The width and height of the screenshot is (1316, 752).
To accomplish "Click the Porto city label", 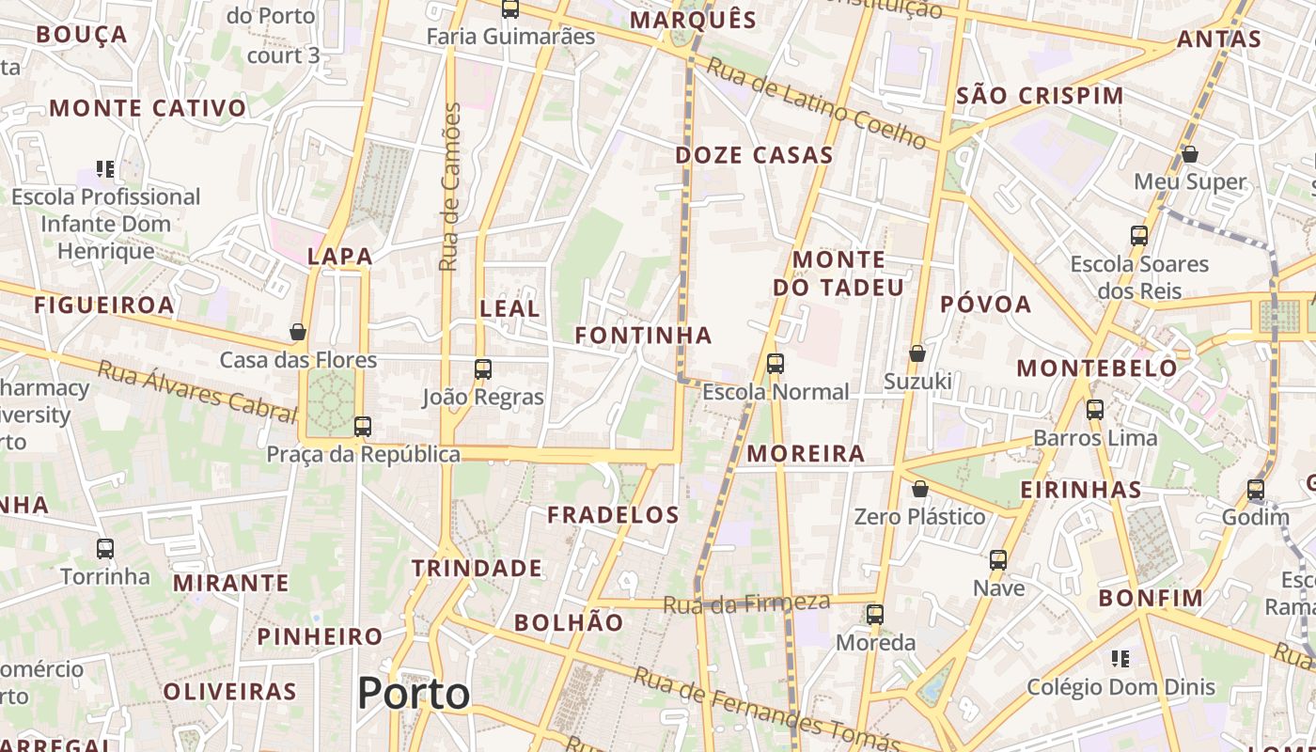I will [414, 694].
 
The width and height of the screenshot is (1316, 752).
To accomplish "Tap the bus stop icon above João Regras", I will [483, 369].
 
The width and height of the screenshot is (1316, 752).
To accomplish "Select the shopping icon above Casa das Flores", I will [298, 332].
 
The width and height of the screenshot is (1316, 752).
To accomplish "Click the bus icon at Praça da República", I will [363, 427].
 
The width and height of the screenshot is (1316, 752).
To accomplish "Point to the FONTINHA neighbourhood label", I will [644, 336].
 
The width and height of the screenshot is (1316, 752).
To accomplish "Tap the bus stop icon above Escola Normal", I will [775, 364].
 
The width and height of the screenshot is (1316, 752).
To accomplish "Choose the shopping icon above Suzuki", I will [917, 353].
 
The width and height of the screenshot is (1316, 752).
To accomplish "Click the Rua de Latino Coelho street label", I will [817, 102].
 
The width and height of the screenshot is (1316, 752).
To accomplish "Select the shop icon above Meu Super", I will [1190, 154].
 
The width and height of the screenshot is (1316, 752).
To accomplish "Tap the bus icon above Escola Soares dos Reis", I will [1139, 236].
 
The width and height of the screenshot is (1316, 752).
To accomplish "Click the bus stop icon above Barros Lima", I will [1095, 410].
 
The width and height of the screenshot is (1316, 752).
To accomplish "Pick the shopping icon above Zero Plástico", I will [920, 489].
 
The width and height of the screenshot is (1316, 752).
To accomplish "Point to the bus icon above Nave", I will [998, 560].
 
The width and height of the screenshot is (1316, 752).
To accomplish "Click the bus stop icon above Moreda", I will [875, 615].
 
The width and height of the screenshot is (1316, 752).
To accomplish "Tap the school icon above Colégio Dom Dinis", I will [1120, 658].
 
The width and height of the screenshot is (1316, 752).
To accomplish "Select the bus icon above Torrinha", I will [105, 549].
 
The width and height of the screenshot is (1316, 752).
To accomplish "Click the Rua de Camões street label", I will [450, 187].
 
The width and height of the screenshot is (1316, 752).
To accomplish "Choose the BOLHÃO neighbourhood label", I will [569, 622].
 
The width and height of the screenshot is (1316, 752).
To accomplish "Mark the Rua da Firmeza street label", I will [746, 603].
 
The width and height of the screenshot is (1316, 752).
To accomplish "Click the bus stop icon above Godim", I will [1256, 490].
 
